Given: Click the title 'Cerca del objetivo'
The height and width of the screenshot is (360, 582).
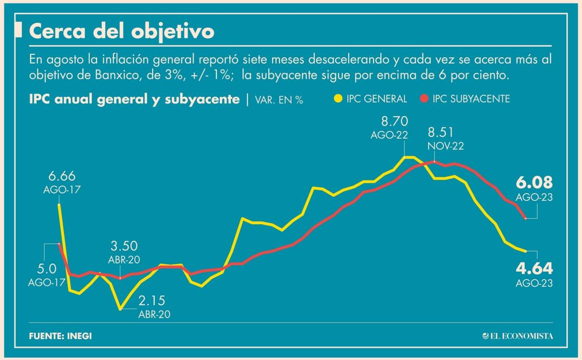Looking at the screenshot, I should pos(121,32).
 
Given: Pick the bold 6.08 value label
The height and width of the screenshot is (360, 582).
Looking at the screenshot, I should pos(534,183).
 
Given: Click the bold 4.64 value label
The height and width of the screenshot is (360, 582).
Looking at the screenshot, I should pos(534,268).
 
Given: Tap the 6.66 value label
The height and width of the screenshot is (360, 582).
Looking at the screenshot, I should pos(62,176).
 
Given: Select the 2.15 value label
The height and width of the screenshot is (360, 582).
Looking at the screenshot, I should pos(152,300).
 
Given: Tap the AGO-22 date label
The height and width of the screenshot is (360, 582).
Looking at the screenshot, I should pos(389,136).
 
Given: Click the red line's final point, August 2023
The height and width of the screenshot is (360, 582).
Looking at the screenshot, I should pos(526,218).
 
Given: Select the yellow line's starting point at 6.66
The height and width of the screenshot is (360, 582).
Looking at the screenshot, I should pos(59,205).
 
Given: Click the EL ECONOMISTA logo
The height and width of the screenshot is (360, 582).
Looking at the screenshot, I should pos(517,336).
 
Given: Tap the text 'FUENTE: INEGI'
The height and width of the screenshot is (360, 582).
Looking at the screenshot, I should pos(60,336).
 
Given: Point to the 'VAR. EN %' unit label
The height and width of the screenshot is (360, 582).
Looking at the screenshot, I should pos(279,100).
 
